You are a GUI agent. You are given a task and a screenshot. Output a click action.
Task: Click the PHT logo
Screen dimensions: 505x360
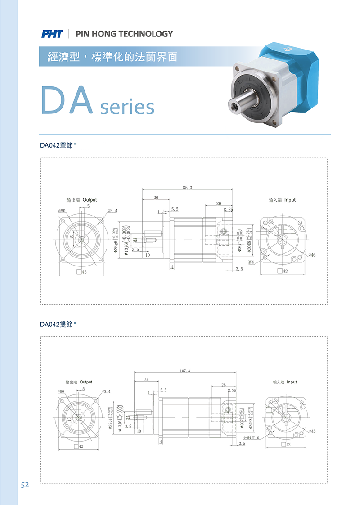click(52, 34)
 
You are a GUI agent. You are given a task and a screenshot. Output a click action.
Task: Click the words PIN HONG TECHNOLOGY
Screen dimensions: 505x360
click(124, 34)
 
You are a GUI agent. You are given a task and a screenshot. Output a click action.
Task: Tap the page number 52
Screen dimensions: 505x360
click(24, 485)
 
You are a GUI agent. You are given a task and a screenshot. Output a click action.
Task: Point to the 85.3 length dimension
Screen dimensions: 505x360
click(188, 187)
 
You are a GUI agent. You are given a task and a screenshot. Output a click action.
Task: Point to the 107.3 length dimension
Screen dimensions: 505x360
click(185, 371)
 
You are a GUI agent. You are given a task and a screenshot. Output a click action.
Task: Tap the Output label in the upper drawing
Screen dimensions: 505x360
click(90, 200)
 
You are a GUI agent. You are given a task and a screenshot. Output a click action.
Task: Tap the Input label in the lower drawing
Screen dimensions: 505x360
click(292, 382)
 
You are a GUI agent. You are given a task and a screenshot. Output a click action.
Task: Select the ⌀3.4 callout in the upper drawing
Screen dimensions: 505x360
click(112, 211)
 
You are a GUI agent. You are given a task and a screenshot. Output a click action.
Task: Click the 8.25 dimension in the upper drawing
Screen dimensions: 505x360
click(228, 210)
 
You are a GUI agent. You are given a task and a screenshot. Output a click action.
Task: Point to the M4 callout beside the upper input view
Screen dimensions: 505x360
click(251, 262)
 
